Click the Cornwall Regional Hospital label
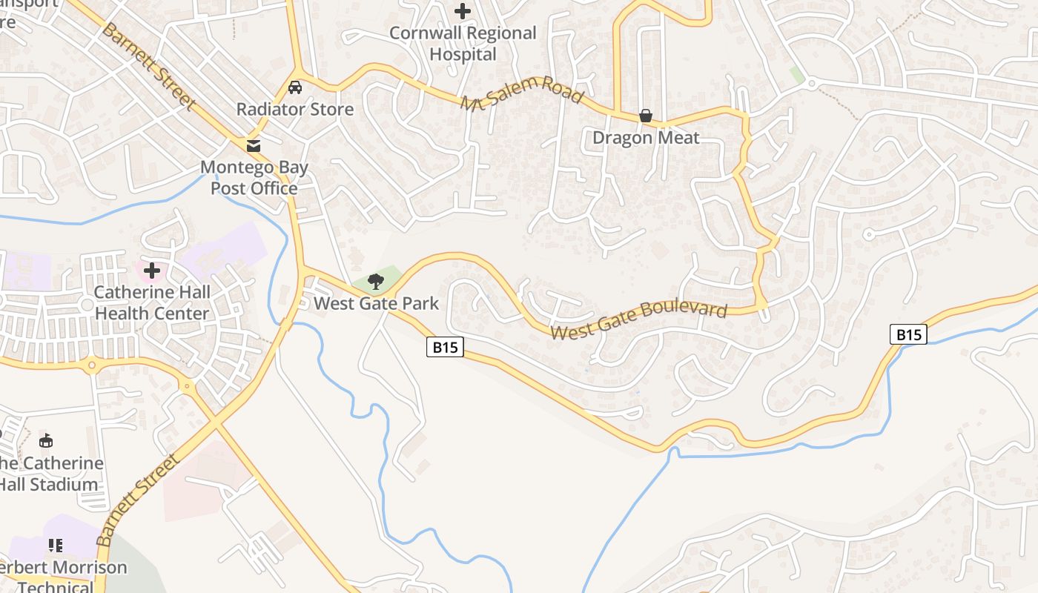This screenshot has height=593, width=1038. (463, 44)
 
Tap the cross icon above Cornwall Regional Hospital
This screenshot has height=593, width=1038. (463, 11)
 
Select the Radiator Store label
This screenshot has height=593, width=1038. (295, 109)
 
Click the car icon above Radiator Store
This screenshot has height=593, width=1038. (295, 87)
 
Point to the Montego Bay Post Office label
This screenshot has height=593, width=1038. (254, 178)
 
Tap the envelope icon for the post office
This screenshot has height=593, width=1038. (254, 145)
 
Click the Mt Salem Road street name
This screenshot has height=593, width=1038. (522, 95)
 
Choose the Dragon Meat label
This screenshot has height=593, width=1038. (646, 138)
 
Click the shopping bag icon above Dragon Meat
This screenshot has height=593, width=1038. (646, 116)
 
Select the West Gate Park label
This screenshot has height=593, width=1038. (376, 303)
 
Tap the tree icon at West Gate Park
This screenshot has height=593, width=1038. (376, 281)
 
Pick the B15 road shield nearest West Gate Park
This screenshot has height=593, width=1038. (445, 347)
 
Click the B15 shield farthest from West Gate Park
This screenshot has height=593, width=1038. (908, 334)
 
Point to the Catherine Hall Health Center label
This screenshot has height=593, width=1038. (152, 302)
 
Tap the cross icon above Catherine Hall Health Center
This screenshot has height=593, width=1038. (152, 271)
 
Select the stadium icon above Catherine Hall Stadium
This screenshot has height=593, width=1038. (46, 441)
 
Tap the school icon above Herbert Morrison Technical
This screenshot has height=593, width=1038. (56, 546)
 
